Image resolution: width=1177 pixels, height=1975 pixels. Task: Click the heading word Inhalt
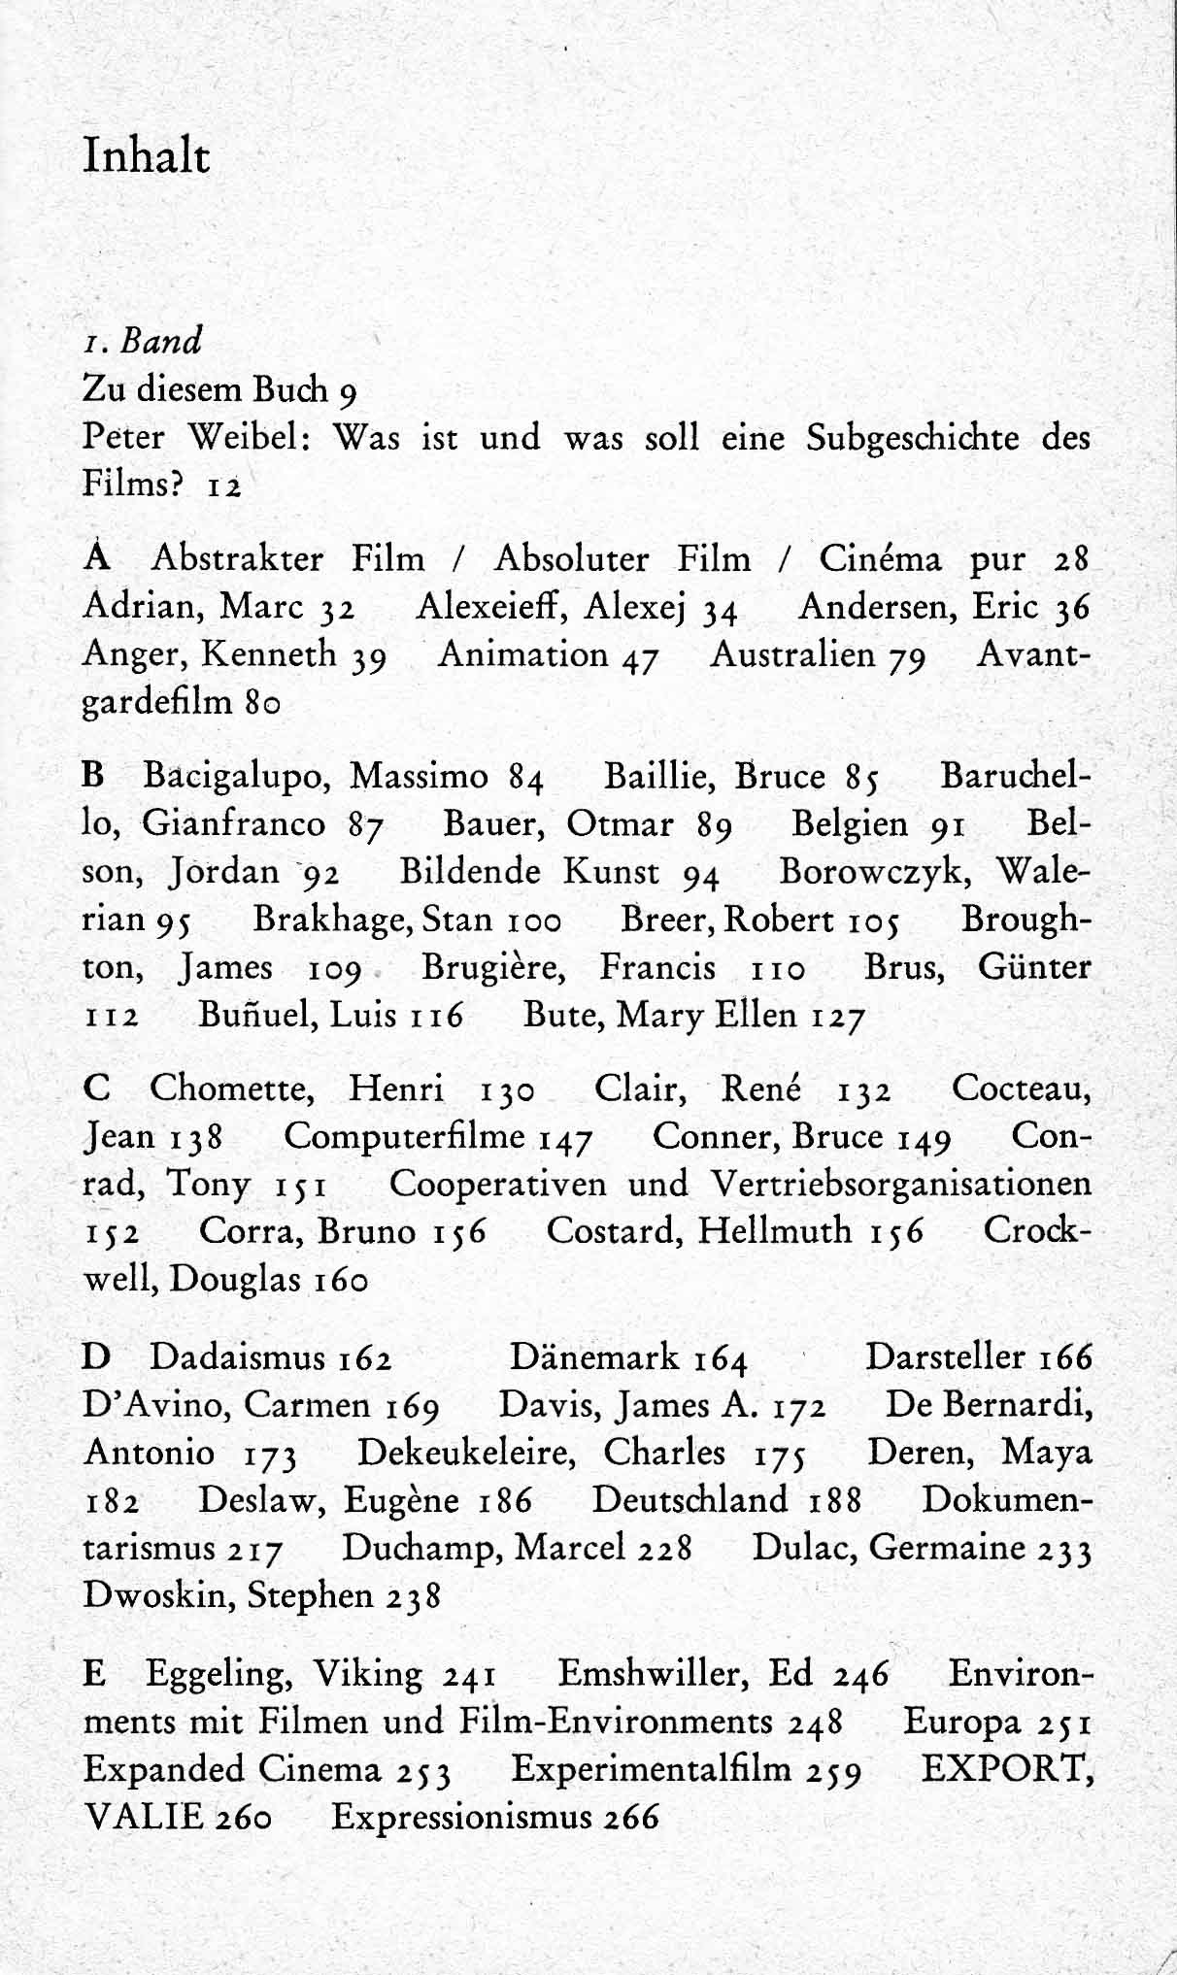147,156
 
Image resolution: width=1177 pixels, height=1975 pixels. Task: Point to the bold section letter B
93,776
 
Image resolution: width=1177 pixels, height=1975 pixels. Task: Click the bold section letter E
94,1674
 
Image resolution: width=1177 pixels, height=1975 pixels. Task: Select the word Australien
793,654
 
